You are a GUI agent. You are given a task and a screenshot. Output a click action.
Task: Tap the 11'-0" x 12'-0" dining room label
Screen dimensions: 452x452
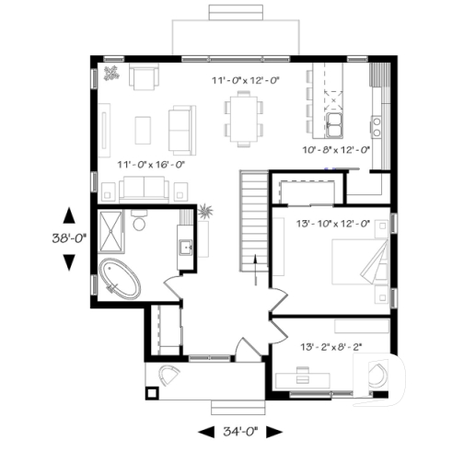pyautogui.click(x=245, y=81)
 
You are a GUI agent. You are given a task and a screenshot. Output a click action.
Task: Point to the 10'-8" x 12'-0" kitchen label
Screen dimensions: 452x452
pyautogui.click(x=337, y=149)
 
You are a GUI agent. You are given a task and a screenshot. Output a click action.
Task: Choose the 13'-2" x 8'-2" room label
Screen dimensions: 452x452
pyautogui.click(x=331, y=347)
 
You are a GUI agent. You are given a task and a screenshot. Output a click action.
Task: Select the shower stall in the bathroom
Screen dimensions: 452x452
pyautogui.click(x=110, y=230)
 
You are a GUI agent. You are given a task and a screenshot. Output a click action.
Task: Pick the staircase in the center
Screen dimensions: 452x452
pyautogui.click(x=252, y=211)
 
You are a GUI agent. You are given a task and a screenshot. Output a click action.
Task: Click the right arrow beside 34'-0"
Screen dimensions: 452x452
pyautogui.click(x=283, y=431)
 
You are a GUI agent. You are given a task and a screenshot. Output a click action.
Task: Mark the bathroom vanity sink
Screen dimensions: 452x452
pyautogui.click(x=183, y=246)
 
